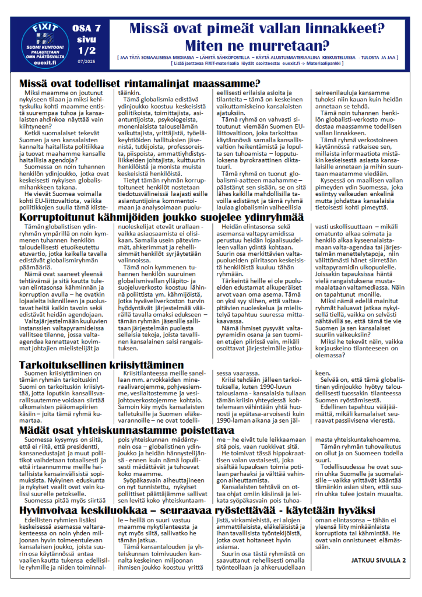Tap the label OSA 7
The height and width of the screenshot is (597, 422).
[x=86, y=28]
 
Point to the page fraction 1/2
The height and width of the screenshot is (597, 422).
[x=86, y=51]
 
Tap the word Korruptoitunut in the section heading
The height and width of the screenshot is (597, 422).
[x=58, y=217]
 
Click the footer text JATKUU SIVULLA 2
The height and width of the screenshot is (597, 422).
[x=378, y=560]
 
